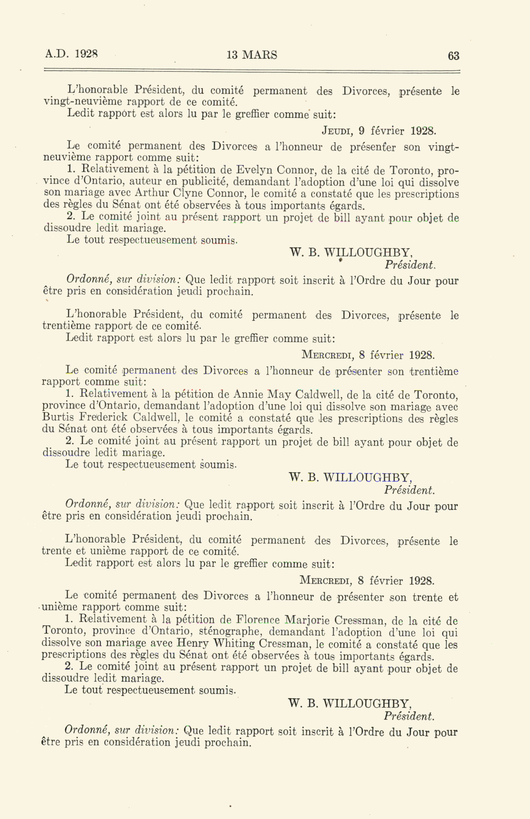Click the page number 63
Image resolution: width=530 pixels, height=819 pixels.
click(453, 56)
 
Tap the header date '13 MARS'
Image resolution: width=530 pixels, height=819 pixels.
click(252, 55)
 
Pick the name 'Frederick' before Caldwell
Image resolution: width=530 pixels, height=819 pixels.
click(103, 418)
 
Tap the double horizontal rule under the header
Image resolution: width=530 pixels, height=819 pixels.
click(252, 72)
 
